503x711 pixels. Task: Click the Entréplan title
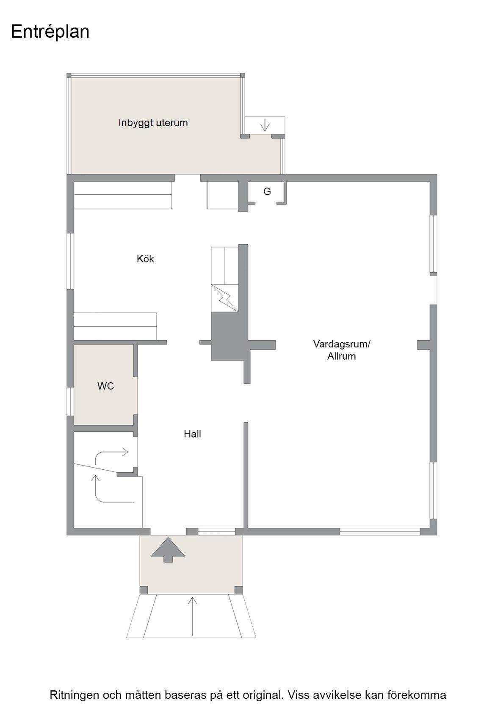pos(50,32)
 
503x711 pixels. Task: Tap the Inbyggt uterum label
pos(153,123)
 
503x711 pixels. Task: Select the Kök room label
pos(145,259)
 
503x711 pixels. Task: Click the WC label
pos(105,386)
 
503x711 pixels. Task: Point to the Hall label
pos(192,434)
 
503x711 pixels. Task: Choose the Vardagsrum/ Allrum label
pos(341,350)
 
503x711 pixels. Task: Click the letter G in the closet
pos(267,191)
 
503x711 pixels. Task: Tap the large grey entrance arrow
pos(168,550)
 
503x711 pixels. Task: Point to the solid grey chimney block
pos(229,336)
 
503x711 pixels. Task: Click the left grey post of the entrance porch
pos(144,590)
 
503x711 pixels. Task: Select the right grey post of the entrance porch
pos(238,590)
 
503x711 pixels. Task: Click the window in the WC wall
pos(70,402)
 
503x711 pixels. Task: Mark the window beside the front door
pos(217,532)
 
